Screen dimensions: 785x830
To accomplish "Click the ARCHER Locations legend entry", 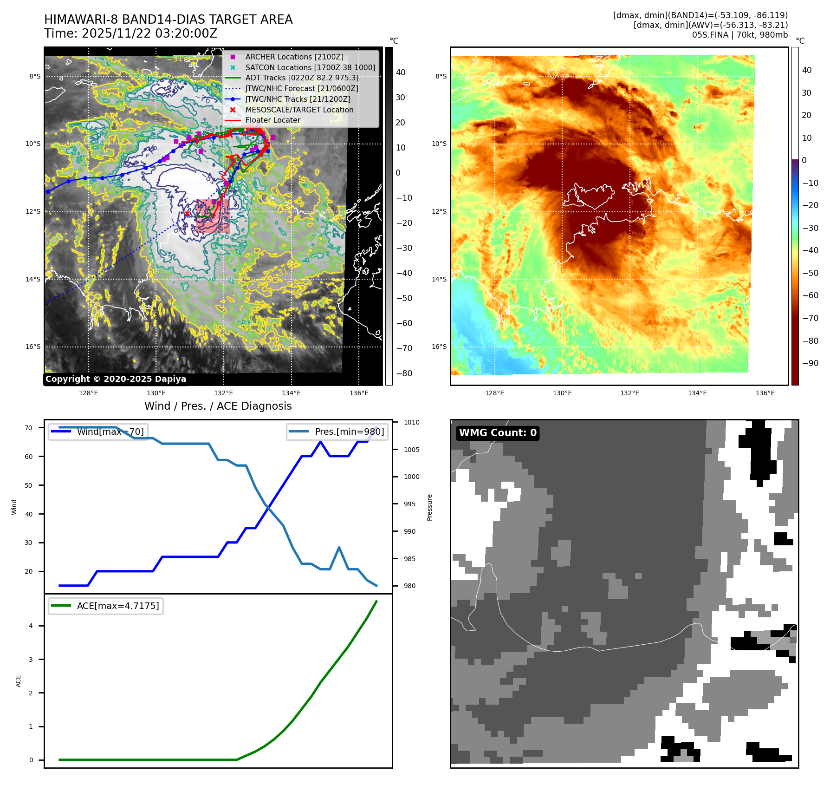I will point(294,57).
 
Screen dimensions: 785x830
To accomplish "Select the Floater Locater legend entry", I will point(272,120).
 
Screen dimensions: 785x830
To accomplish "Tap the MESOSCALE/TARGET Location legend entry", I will point(299,110).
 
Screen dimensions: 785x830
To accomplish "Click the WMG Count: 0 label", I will point(498,433).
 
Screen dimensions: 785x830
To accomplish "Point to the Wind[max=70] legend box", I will point(98,432).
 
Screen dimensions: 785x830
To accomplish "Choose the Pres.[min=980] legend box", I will point(337,432).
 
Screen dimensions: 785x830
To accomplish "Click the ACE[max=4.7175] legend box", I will point(106,606).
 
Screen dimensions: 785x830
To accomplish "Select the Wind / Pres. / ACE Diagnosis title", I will point(218,406).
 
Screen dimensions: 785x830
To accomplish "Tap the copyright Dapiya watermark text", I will point(116,379).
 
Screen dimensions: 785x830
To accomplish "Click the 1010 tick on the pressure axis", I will point(411,422).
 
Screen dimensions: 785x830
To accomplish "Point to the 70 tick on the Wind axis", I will point(29,428).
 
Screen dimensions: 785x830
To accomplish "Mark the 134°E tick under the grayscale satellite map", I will point(291,393).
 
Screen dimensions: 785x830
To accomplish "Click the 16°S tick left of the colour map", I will point(439,347).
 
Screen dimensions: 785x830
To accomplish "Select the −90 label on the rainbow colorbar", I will point(810,363).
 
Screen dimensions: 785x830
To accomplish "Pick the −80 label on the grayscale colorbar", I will point(404,373).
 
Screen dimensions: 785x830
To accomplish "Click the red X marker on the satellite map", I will point(187,214).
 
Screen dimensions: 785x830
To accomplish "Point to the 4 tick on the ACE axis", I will point(31,626).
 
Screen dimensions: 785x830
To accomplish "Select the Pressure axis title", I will point(430,507).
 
